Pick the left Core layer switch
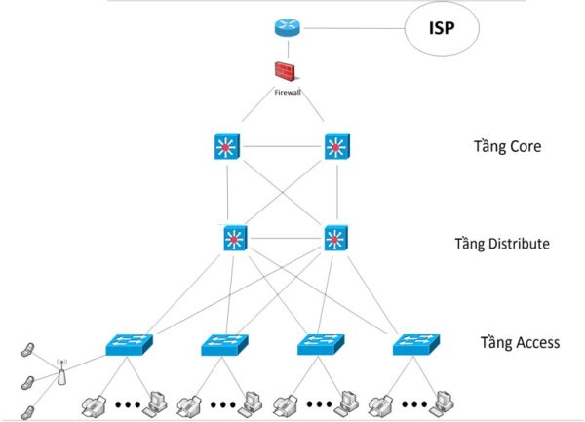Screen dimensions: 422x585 [227, 147]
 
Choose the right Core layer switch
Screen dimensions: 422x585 [336, 147]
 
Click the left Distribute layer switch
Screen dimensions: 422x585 [235, 239]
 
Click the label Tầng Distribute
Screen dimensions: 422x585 [502, 243]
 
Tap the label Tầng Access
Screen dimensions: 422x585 [520, 342]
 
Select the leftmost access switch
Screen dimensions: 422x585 [129, 344]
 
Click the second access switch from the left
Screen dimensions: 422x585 [225, 344]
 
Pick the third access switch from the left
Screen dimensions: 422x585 [321, 344]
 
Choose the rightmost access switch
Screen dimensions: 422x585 [416, 344]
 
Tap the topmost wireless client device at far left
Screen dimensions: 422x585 [30, 349]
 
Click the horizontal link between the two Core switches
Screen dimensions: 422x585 [282, 147]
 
